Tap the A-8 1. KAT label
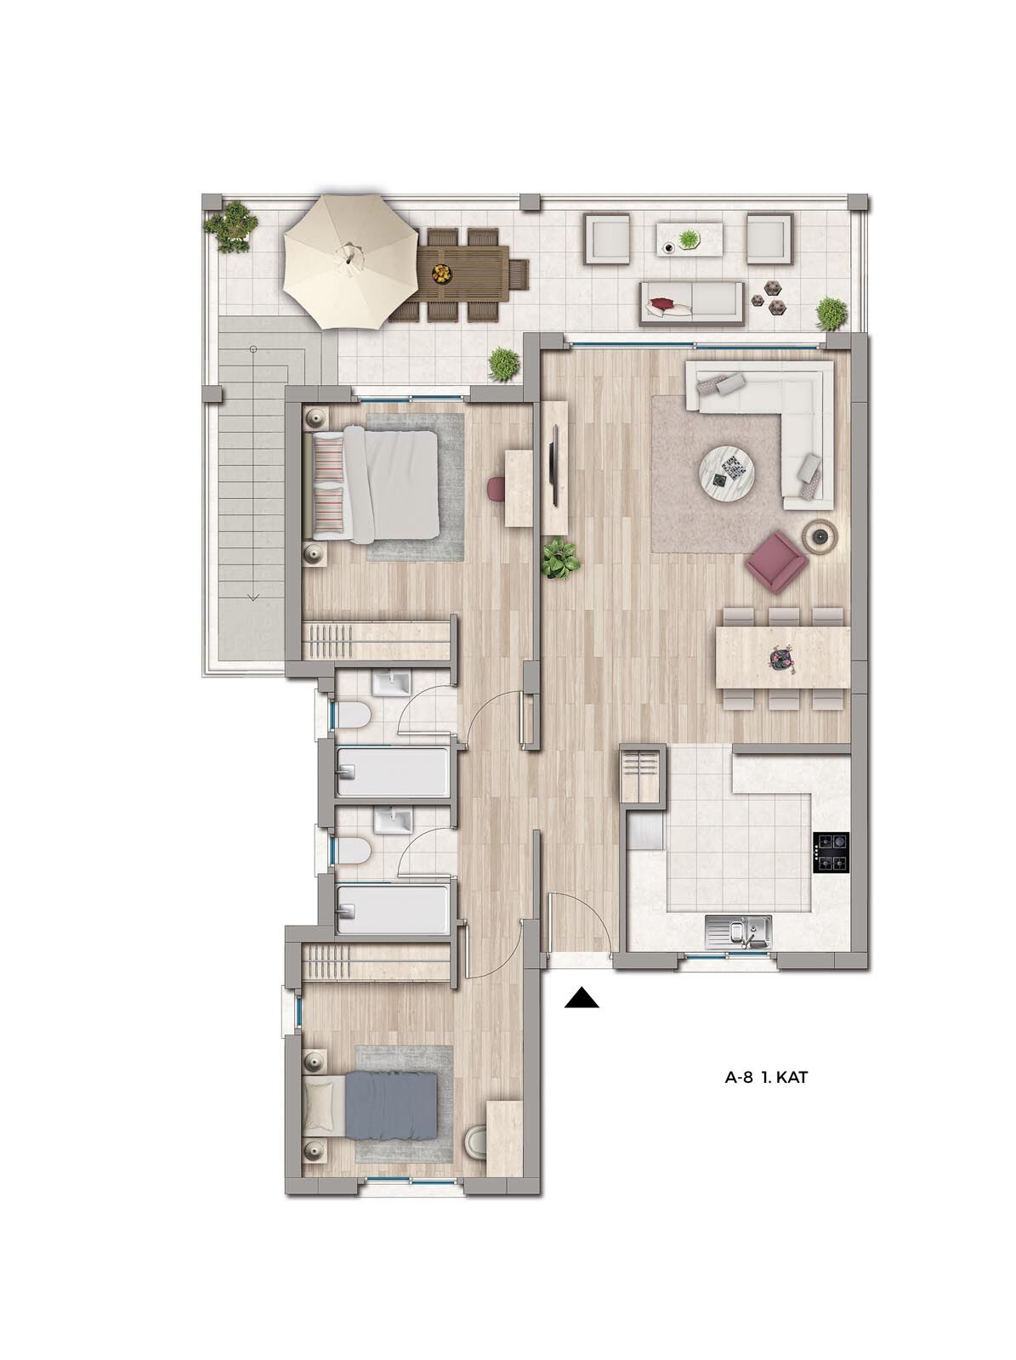(x=766, y=1078)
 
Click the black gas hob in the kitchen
(x=832, y=853)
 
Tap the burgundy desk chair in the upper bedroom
(x=497, y=487)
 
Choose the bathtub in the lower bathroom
(x=394, y=909)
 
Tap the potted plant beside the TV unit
(x=560, y=558)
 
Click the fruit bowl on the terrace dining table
(x=442, y=272)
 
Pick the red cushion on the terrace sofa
(x=661, y=303)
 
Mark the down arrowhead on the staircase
(x=253, y=598)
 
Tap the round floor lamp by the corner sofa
(x=820, y=532)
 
